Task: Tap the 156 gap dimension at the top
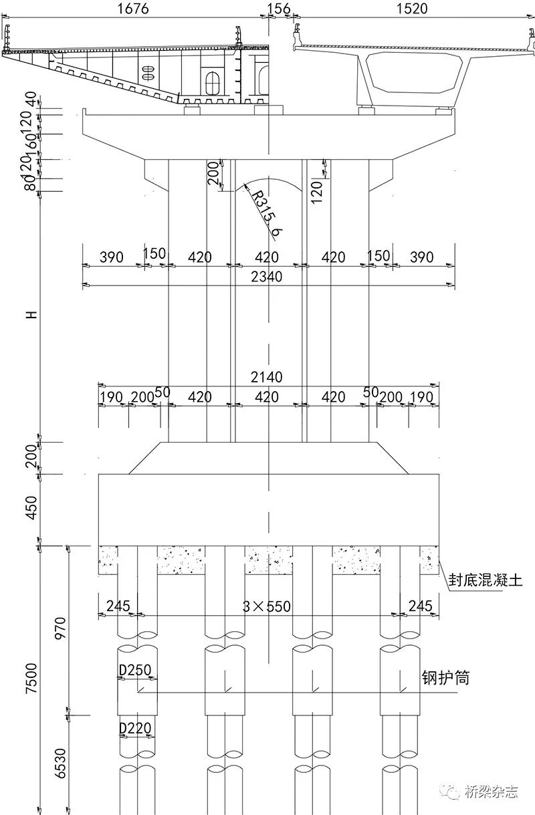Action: tap(278, 8)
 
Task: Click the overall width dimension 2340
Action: tap(267, 276)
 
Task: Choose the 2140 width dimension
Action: tap(267, 377)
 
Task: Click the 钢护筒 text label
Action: tap(445, 678)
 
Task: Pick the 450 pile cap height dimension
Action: tap(30, 508)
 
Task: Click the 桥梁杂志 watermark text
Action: tap(491, 793)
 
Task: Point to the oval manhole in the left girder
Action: tap(213, 84)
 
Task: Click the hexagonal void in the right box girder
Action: tap(415, 72)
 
